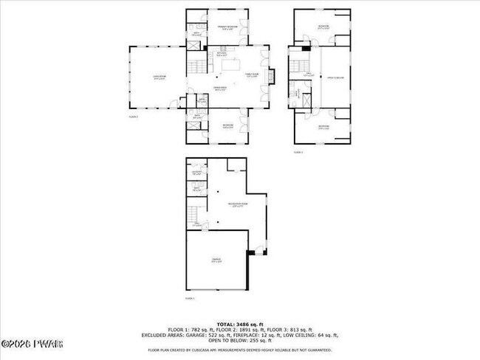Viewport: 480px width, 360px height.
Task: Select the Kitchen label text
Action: (221, 53)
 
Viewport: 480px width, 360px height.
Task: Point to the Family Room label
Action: (251, 75)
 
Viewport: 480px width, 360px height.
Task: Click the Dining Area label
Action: (219, 89)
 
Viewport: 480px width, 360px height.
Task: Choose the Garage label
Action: (216, 260)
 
